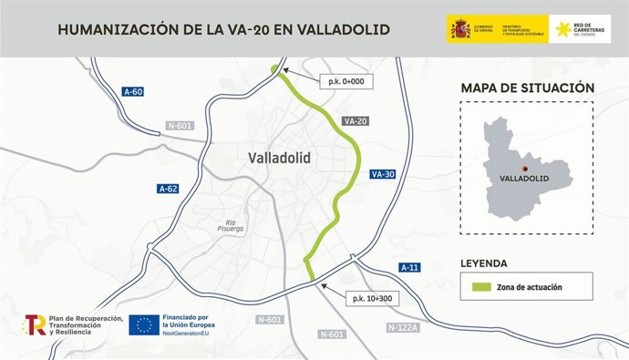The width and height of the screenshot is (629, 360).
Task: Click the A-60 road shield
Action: click(x=134, y=91)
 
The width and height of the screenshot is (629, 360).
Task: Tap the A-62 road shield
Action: click(x=168, y=189)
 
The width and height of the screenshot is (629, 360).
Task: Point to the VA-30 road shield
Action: click(x=382, y=174)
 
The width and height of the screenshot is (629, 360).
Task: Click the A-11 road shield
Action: click(x=409, y=267)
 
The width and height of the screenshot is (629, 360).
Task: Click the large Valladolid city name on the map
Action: click(x=279, y=158)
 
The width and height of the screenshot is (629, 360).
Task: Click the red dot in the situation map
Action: click(x=523, y=168)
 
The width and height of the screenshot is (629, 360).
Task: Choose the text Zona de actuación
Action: click(x=530, y=287)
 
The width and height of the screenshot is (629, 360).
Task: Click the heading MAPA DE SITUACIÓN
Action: click(x=528, y=87)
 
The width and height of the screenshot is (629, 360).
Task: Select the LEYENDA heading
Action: click(x=484, y=263)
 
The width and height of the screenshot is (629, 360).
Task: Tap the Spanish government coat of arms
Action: click(x=459, y=28)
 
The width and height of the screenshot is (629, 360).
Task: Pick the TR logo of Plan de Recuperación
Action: click(x=36, y=324)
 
